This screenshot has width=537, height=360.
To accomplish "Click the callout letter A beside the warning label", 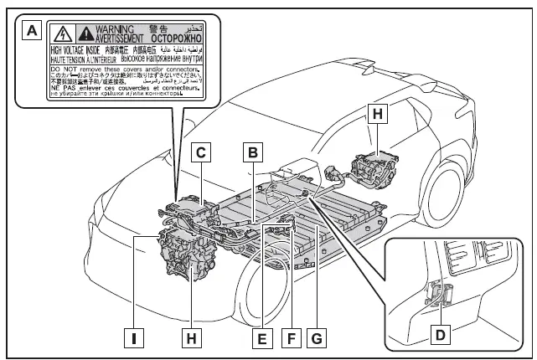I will (33, 32).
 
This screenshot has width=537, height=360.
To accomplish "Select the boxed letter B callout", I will (251, 152).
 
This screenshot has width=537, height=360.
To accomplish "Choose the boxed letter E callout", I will (262, 338).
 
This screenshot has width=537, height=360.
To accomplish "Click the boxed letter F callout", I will (290, 338).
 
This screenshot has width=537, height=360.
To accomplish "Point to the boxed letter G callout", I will (318, 338).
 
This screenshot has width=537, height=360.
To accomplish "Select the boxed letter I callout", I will (133, 338).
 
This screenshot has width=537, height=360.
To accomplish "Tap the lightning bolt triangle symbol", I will (61, 33).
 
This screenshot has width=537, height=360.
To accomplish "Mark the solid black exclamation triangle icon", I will (87, 33).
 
